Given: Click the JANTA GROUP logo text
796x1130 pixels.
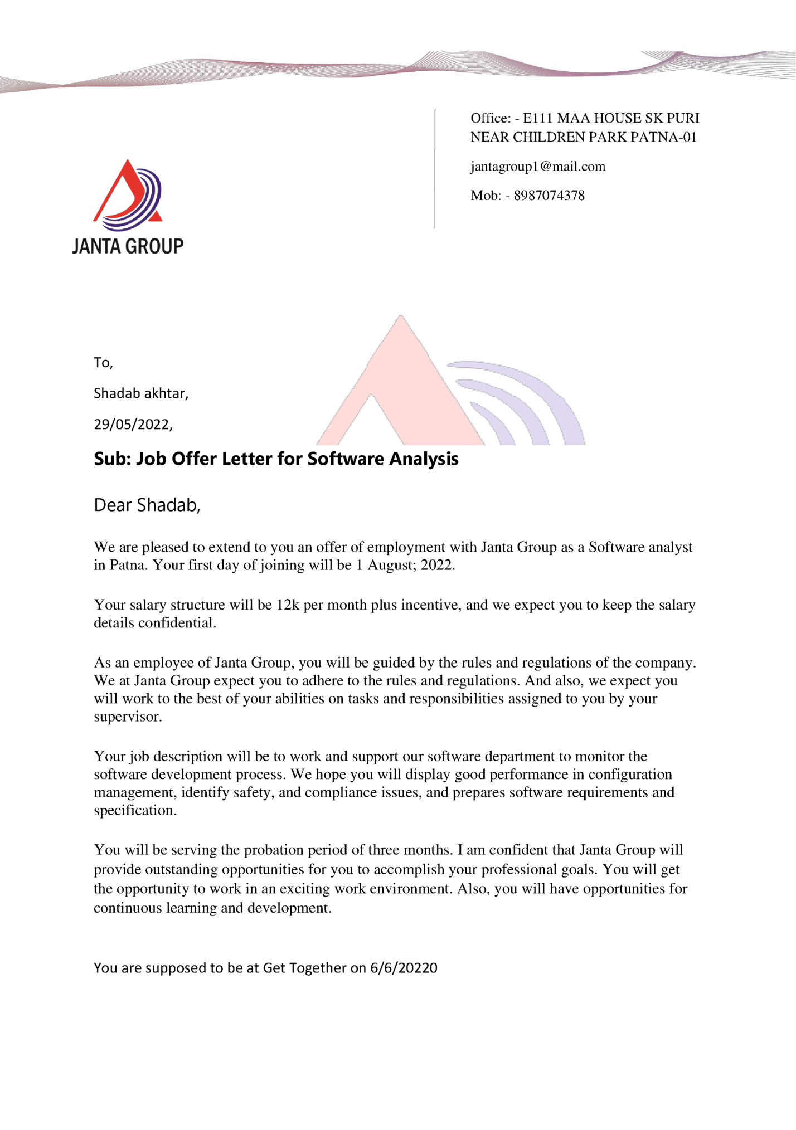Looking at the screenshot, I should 128,246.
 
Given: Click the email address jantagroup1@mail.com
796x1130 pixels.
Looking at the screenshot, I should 537,167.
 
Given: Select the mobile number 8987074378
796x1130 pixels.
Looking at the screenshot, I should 549,196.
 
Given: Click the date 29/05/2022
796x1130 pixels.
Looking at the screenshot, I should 133,425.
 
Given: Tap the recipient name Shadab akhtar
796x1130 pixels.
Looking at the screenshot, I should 140,393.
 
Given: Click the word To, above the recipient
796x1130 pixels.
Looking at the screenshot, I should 103,363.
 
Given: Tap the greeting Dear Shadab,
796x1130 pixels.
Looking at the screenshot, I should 147,505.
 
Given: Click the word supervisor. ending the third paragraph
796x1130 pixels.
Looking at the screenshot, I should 128,717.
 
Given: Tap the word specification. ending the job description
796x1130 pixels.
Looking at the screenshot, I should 135,810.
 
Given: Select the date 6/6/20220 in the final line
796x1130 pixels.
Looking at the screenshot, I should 404,968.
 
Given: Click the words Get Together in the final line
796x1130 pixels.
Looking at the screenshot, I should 304,968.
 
